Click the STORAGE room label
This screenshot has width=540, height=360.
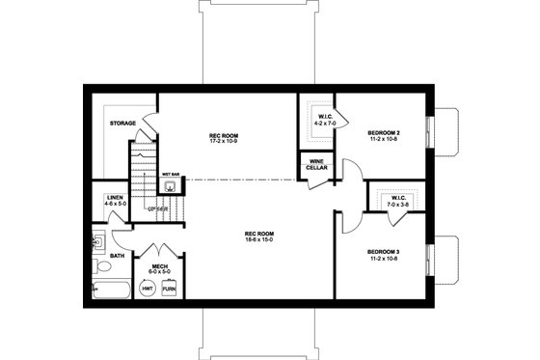[121, 124]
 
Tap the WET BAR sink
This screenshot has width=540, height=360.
[170, 187]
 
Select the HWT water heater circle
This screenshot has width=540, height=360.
[148, 287]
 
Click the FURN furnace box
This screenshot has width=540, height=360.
[169, 287]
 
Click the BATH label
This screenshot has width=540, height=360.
[117, 256]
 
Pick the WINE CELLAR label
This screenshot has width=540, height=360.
[316, 165]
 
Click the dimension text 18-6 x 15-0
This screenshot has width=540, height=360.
[258, 239]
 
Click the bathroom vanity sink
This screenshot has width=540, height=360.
[97, 240]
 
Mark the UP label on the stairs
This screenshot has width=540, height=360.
[152, 208]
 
